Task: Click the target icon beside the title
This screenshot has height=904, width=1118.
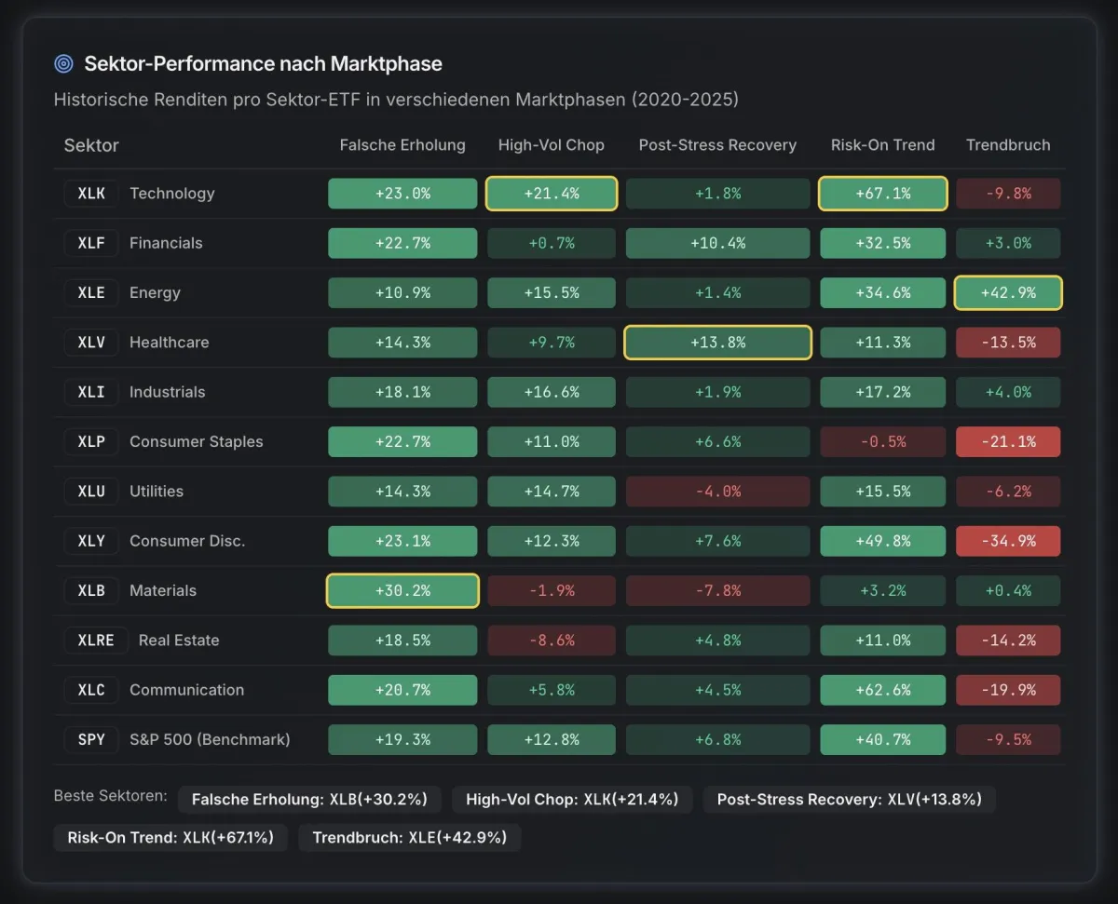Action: click(63, 64)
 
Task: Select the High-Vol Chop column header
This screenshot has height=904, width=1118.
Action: click(551, 145)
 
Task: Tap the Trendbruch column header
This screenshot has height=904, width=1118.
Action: click(1008, 145)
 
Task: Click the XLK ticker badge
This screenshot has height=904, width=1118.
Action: click(91, 194)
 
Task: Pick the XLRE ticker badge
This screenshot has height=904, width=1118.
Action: click(96, 641)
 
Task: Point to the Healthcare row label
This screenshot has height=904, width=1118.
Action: click(169, 343)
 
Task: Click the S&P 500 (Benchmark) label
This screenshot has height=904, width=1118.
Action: click(210, 740)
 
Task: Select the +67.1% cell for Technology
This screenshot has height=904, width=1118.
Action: click(882, 194)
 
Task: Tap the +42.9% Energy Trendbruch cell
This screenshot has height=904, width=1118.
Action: click(1008, 292)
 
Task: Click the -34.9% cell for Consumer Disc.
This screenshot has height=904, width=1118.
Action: click(1008, 541)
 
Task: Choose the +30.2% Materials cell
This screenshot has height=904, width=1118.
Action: click(402, 591)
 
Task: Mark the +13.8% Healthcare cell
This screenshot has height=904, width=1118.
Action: click(717, 343)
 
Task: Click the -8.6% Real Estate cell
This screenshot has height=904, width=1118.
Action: click(551, 641)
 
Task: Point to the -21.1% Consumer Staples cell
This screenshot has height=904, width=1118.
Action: click(1008, 441)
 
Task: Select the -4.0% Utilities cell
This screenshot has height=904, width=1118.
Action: click(717, 492)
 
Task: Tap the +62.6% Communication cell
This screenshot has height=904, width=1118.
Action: click(882, 690)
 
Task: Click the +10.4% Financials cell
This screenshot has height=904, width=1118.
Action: click(717, 243)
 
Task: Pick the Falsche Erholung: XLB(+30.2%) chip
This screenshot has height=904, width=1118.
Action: click(309, 799)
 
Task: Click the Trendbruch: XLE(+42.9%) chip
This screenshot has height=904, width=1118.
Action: click(410, 837)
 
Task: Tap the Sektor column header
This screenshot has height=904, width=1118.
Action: click(91, 145)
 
